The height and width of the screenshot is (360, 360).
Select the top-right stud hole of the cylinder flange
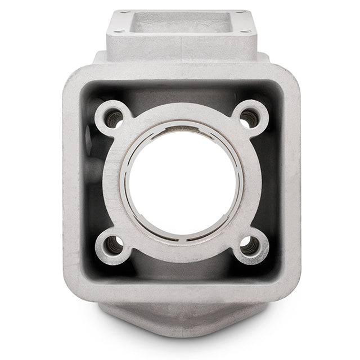click(248, 118)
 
